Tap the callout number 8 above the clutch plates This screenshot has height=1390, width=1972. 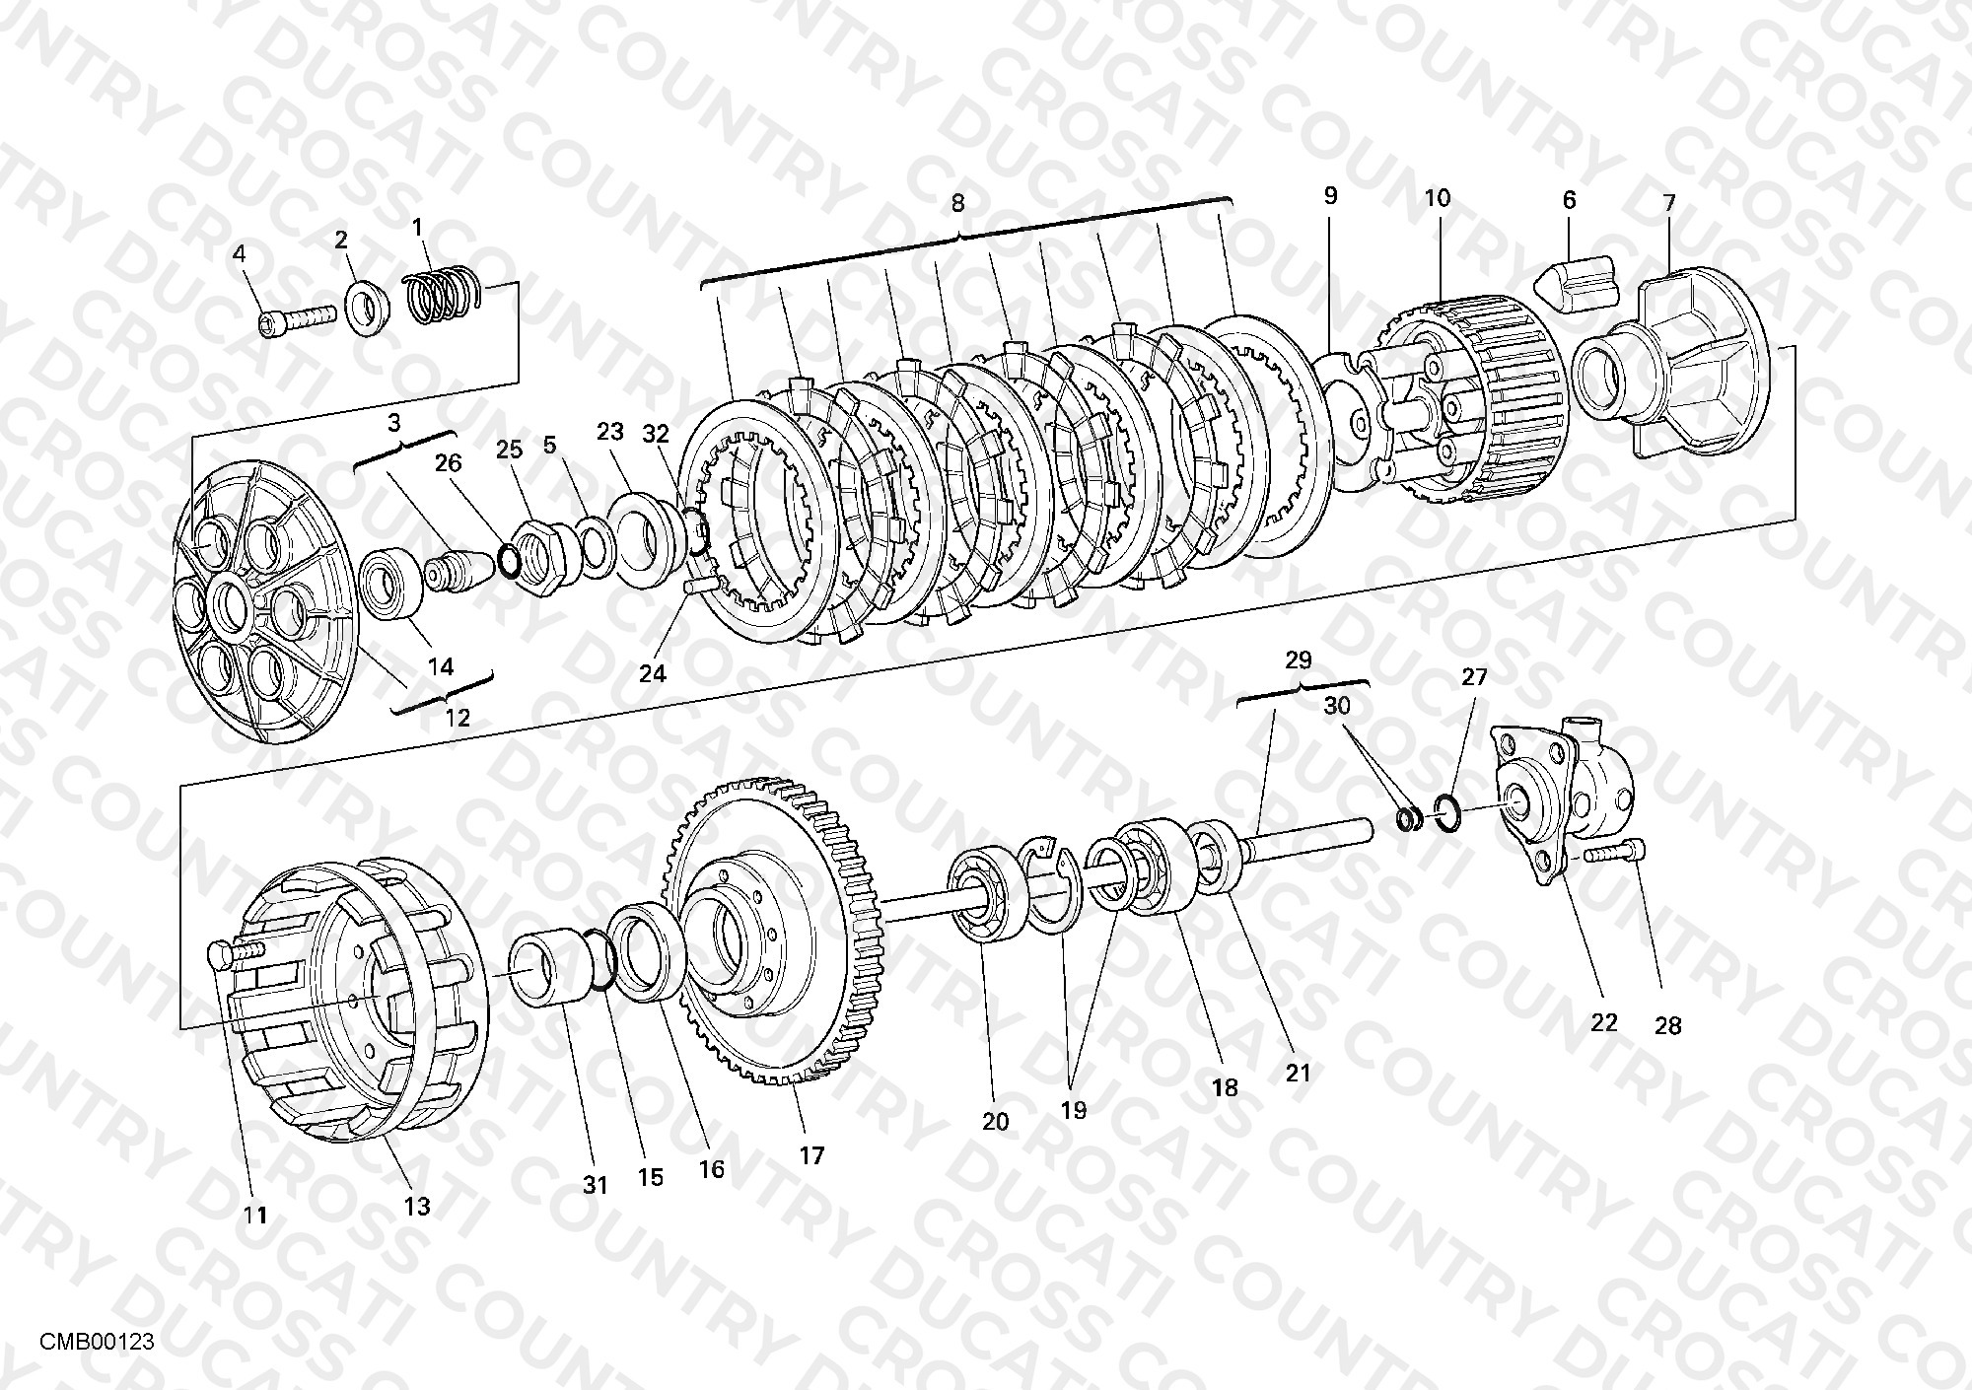tap(957, 203)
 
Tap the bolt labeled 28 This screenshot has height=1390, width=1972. tap(1616, 853)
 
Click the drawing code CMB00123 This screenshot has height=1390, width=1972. tap(97, 1342)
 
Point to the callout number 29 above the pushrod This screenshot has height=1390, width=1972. tap(1300, 660)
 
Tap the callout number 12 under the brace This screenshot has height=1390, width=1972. tap(458, 717)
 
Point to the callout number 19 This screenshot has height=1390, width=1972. tap(1073, 1110)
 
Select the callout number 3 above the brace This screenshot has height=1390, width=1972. tap(394, 423)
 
